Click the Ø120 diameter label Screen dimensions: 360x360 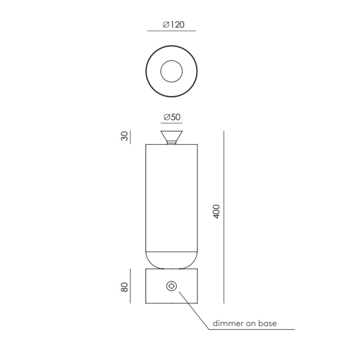pyautogui.click(x=174, y=24)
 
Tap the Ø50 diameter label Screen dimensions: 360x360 pyautogui.click(x=172, y=117)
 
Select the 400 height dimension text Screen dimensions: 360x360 pyautogui.click(x=217, y=211)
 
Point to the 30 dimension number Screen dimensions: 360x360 pyautogui.click(x=124, y=136)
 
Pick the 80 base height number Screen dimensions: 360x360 pyautogui.click(x=124, y=287)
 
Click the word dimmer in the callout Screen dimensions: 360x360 pyautogui.click(x=228, y=323)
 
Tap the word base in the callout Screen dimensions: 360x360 pyautogui.click(x=268, y=323)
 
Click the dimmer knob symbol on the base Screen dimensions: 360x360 pyautogui.click(x=172, y=286)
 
